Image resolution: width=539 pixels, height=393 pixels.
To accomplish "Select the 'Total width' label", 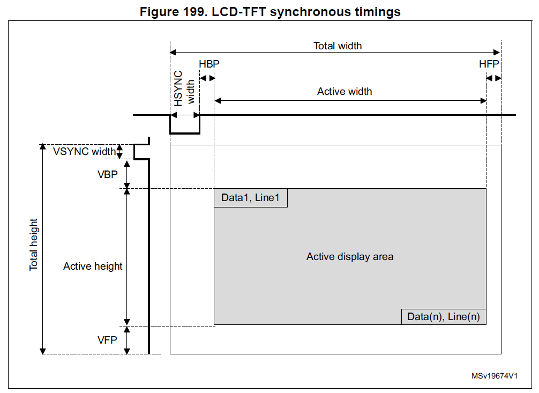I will pyautogui.click(x=338, y=46).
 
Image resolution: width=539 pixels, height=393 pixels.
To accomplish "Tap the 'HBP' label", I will pyautogui.click(x=209, y=64).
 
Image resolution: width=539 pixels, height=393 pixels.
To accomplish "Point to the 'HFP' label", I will pyautogui.click(x=489, y=64).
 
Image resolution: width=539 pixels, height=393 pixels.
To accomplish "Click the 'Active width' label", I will pyautogui.click(x=345, y=91).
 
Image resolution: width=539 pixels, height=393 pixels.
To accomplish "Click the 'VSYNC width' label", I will pyautogui.click(x=84, y=151).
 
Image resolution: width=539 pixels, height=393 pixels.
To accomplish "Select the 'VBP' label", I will pyautogui.click(x=107, y=174).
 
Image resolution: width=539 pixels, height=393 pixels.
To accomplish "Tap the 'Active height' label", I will pyautogui.click(x=93, y=266).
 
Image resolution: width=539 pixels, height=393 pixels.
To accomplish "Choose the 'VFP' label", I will pyautogui.click(x=107, y=340).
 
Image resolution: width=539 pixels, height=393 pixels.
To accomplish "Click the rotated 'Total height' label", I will pyautogui.click(x=34, y=244).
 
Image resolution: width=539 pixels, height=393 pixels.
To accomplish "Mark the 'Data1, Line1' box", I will pyautogui.click(x=251, y=198).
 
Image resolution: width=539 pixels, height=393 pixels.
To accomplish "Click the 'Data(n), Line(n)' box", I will pyautogui.click(x=444, y=316).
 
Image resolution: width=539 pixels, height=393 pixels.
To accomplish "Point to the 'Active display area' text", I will pyautogui.click(x=350, y=257).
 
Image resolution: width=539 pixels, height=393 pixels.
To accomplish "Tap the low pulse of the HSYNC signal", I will pyautogui.click(x=185, y=132).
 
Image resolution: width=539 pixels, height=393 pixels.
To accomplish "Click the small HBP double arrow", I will pyautogui.click(x=207, y=78).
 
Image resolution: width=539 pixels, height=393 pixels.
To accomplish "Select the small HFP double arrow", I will pyautogui.click(x=493, y=78).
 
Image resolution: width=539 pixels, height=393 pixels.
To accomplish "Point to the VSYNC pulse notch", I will pyautogui.click(x=140, y=152).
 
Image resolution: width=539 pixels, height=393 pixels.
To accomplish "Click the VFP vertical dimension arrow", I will pyautogui.click(x=127, y=340).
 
